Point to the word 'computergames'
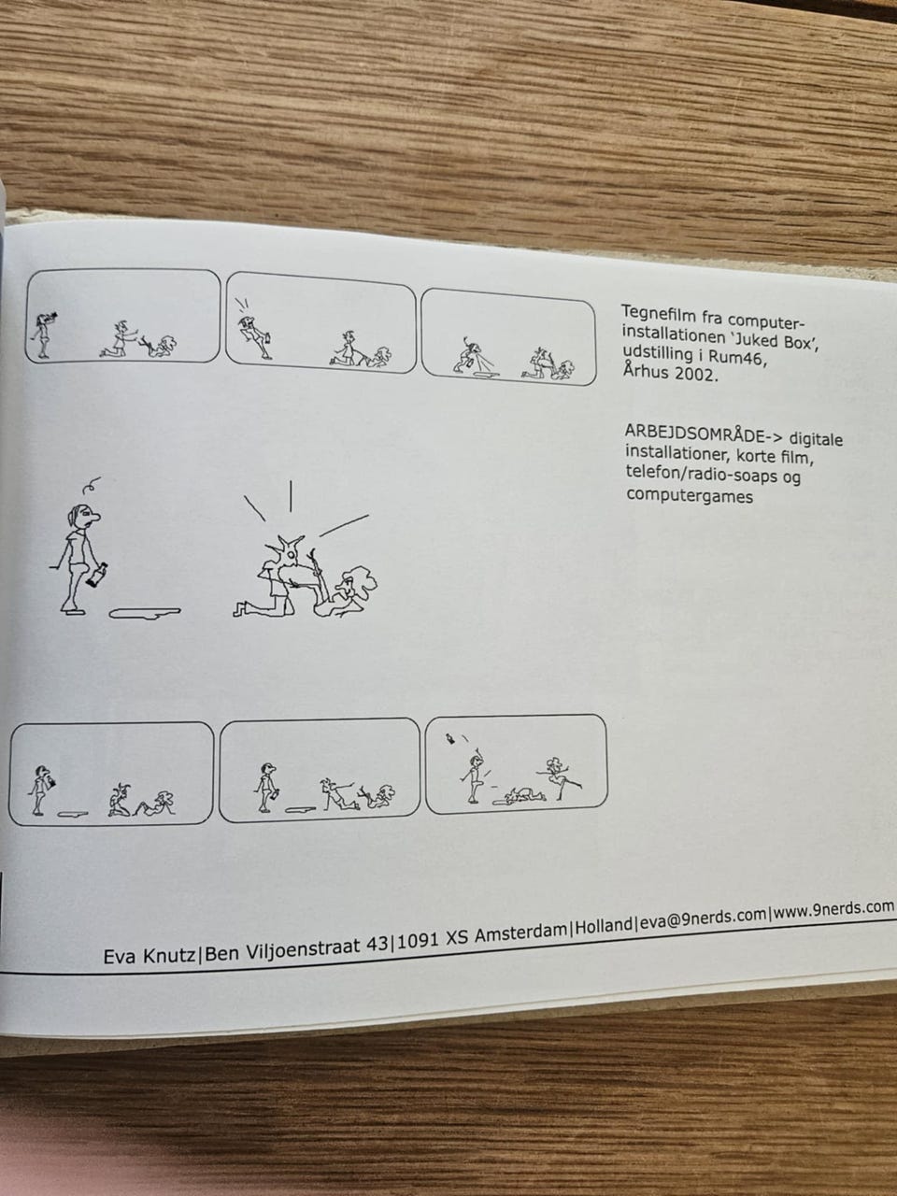point(690,495)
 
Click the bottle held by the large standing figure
point(98,575)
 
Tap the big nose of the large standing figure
point(94,516)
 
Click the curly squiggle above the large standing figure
point(92,484)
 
